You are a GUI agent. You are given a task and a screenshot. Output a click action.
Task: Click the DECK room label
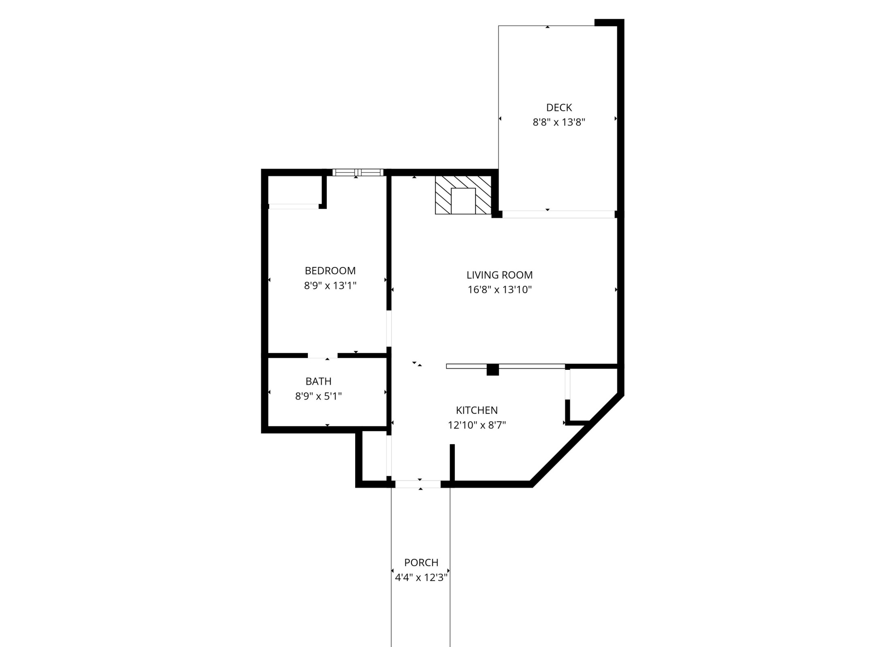[x=559, y=108]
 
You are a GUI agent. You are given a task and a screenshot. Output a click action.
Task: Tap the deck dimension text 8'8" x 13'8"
[x=559, y=122]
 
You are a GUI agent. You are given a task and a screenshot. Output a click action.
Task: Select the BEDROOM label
[x=330, y=271]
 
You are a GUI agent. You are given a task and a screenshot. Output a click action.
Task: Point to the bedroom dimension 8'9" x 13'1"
[x=330, y=286]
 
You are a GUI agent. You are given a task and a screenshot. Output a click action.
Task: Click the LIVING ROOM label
[x=499, y=275]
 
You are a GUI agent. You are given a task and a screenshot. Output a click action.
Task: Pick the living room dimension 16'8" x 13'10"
[x=499, y=290]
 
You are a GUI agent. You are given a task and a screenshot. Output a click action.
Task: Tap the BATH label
[x=318, y=381]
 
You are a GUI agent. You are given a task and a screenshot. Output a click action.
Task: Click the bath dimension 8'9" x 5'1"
[x=318, y=396]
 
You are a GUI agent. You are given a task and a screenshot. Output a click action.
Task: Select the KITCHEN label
[x=477, y=410]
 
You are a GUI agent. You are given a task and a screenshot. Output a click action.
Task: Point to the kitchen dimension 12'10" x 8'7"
[x=477, y=425]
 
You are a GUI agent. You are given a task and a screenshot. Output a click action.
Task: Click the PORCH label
[x=421, y=562]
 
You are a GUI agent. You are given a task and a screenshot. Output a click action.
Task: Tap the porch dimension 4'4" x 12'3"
[x=421, y=577]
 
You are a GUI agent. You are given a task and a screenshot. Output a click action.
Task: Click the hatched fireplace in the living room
[x=463, y=195]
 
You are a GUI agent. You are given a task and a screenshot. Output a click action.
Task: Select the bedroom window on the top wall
[x=358, y=172]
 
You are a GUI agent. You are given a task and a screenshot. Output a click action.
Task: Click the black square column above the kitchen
[x=492, y=370]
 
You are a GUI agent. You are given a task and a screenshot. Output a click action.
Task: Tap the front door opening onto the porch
[x=418, y=484]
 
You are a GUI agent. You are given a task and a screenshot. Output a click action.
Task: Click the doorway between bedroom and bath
[x=323, y=356]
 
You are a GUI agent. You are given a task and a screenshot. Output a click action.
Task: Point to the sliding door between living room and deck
[x=558, y=214]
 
